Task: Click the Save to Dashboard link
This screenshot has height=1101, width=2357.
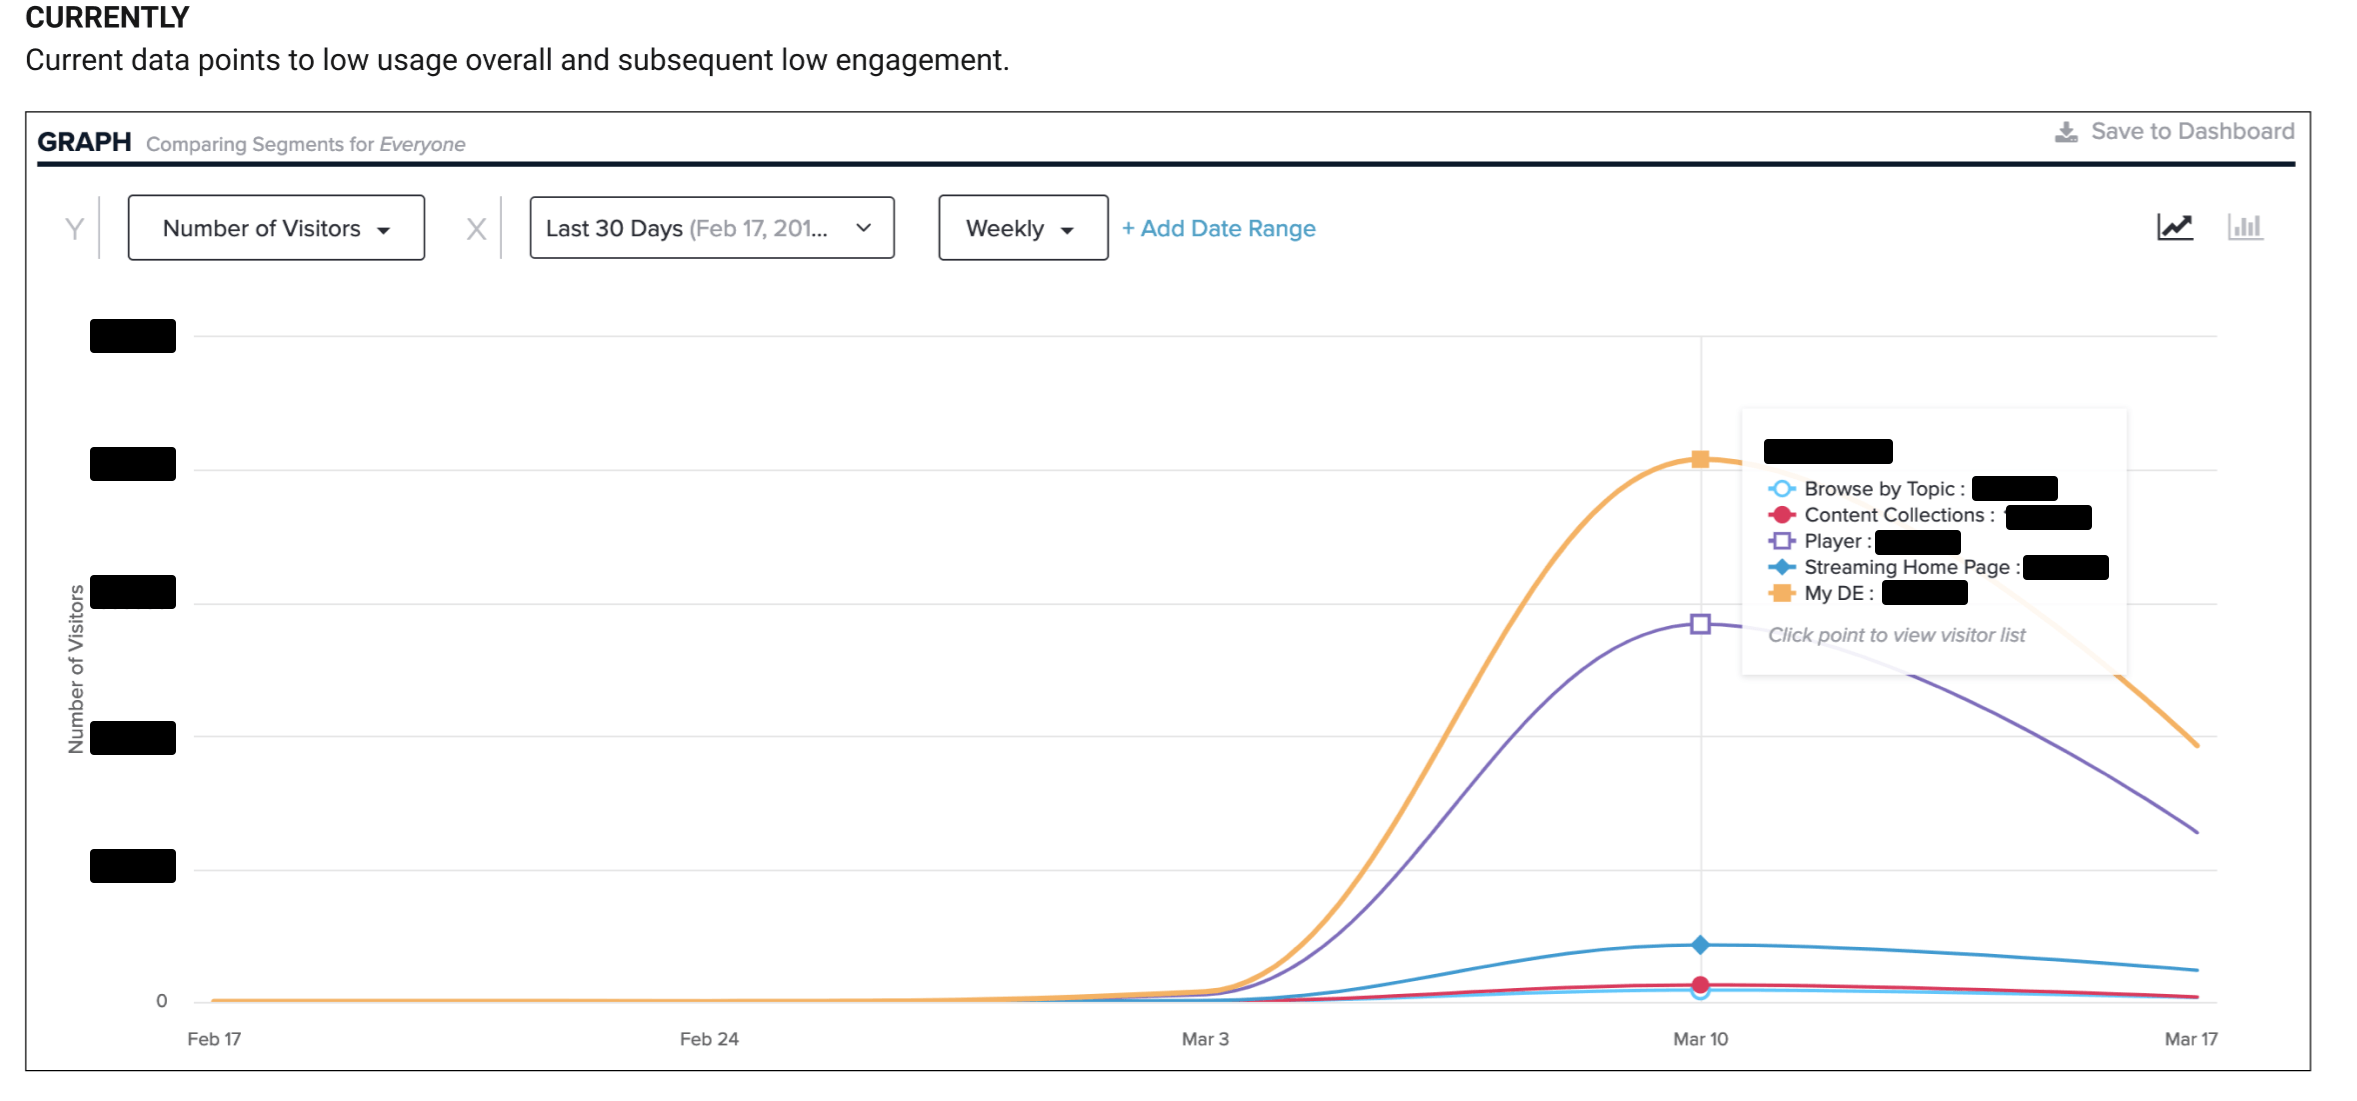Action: coord(2176,132)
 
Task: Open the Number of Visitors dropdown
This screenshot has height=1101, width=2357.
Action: coord(276,228)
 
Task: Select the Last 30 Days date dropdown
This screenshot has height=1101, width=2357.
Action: coord(711,228)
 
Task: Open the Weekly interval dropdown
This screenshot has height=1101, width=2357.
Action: coord(1022,228)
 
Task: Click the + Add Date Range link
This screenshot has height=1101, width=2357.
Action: coord(1218,228)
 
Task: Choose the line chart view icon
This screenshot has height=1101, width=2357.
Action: coord(2174,227)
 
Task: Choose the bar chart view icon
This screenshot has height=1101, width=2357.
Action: coord(2245,227)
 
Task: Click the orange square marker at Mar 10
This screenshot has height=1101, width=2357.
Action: coord(1700,459)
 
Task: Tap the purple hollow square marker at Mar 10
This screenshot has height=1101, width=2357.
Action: coord(1700,624)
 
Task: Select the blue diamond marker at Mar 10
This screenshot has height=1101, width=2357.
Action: coord(1700,944)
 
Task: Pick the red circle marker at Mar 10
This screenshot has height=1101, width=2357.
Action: coord(1700,984)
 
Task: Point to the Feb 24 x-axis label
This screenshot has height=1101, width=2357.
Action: coord(709,1039)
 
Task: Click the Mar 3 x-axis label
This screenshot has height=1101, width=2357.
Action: coord(1205,1039)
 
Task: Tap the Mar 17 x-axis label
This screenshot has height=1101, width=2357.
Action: coord(2190,1039)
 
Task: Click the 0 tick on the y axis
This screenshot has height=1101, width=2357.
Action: coord(162,1001)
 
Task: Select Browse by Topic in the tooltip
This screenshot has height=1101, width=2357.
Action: coord(1878,489)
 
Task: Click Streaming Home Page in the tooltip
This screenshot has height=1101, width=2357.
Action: coord(1906,567)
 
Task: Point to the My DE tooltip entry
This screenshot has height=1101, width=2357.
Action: coord(1834,593)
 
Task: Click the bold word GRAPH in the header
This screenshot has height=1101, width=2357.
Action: coord(84,142)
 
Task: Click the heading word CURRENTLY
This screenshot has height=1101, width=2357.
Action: coord(107,17)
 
